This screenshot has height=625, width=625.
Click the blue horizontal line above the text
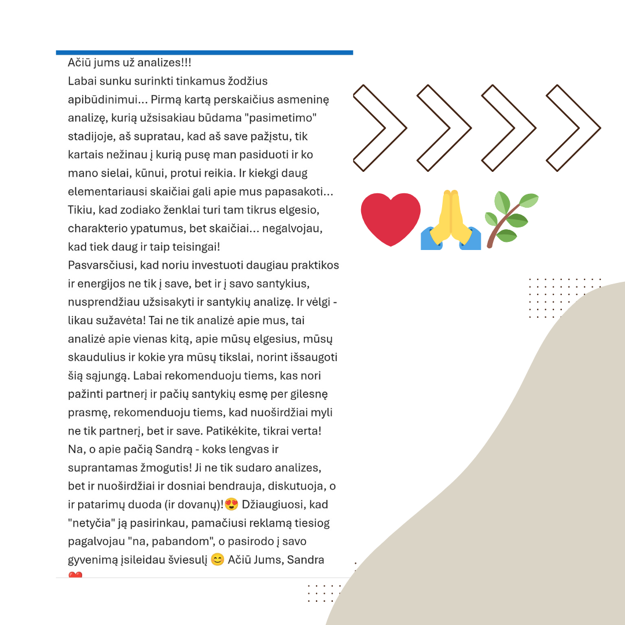point(204,53)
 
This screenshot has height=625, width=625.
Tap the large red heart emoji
point(391,219)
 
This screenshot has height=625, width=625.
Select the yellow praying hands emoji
point(451,221)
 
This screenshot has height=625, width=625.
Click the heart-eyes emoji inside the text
point(231,505)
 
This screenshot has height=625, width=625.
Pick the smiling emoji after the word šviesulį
point(218,560)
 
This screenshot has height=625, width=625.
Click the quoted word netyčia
point(88,523)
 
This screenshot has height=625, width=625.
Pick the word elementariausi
point(105,192)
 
